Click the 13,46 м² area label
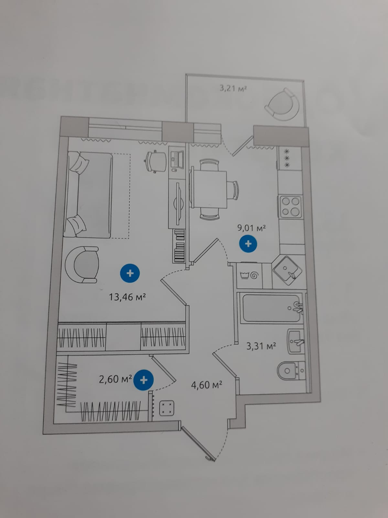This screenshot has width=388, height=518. [x=128, y=297]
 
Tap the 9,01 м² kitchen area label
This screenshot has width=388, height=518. [x=252, y=228]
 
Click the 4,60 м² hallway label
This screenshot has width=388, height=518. [x=207, y=385]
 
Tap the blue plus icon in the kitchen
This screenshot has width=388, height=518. [x=248, y=244]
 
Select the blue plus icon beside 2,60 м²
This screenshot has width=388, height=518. [x=144, y=380]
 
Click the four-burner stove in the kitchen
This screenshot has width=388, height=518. [x=290, y=207]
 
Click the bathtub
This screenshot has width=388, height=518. [x=272, y=308]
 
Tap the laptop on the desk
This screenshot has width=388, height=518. [x=177, y=157]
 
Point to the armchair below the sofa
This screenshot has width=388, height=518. [x=82, y=265]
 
